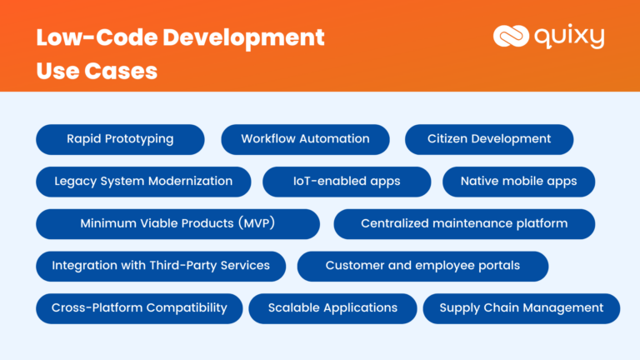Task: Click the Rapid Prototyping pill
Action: tap(120, 140)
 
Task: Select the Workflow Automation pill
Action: tap(305, 140)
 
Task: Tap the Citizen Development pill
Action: tap(489, 140)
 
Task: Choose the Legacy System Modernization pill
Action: tap(143, 182)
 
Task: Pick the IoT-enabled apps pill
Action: tap(347, 182)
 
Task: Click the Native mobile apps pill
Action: tap(519, 182)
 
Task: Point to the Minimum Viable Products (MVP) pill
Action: tap(177, 224)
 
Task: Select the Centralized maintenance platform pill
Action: tap(464, 224)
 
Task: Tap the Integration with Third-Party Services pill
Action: tap(161, 266)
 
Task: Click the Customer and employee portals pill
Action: tap(422, 266)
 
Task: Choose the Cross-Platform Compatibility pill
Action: tap(139, 308)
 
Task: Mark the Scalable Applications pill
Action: tap(332, 308)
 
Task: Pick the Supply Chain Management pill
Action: tap(521, 308)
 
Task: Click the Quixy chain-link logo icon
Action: tap(511, 36)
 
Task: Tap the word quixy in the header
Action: tap(569, 37)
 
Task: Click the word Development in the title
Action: tap(243, 38)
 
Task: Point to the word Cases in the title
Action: tap(121, 71)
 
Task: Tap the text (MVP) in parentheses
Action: tap(257, 223)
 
